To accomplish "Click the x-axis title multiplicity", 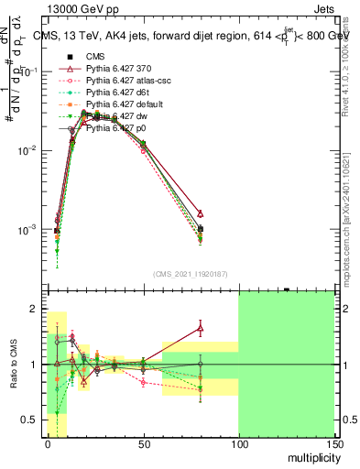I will pos(312,456).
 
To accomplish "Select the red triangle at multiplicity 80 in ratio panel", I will pos(201,327).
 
